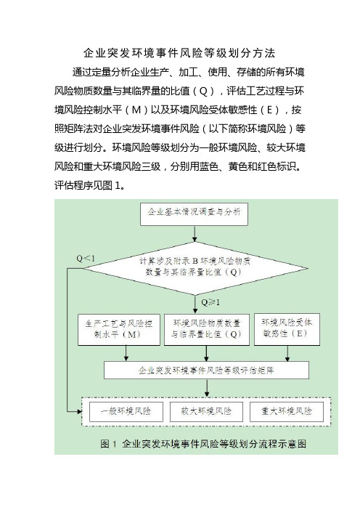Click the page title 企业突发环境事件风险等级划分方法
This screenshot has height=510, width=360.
tap(179, 53)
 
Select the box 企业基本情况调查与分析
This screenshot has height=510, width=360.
tap(194, 214)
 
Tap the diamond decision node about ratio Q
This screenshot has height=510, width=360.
tap(195, 268)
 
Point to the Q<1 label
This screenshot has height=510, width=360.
tap(86, 259)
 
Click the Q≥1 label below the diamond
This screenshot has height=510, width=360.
tap(210, 302)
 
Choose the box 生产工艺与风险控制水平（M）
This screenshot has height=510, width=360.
tap(119, 330)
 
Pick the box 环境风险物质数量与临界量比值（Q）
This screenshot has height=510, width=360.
tap(207, 330)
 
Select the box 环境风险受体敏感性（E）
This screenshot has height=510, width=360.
tap(287, 329)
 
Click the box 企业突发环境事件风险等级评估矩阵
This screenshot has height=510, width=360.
tap(206, 370)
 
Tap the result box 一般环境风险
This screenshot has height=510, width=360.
tap(126, 411)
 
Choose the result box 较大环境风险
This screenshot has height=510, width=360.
tap(206, 411)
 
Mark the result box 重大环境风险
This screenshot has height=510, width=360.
tap(287, 411)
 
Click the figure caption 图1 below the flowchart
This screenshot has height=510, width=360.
tap(203, 444)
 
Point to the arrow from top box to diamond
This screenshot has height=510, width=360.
tap(195, 233)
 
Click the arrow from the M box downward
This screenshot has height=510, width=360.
tap(126, 353)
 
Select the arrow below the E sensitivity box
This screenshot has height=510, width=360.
tap(287, 353)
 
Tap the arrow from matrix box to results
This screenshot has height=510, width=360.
tap(207, 388)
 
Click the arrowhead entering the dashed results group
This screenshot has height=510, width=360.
tap(80, 412)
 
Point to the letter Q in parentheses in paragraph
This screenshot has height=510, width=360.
tap(203, 91)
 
